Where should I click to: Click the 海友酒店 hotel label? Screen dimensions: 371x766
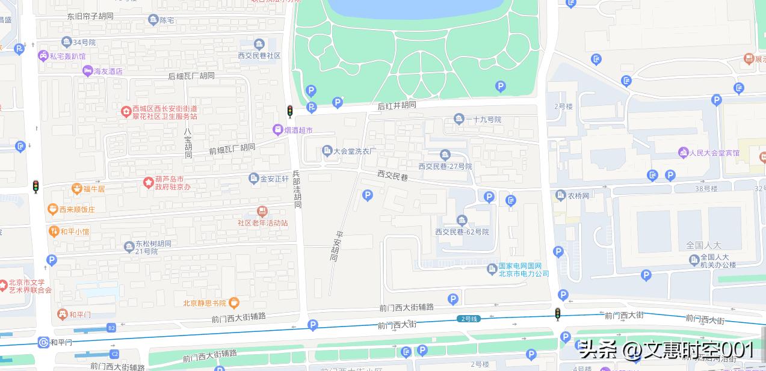coord(107,71)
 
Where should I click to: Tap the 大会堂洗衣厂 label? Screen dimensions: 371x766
coord(354,150)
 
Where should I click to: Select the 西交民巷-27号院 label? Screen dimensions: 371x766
coord(445,166)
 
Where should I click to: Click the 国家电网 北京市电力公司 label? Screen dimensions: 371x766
coord(524,269)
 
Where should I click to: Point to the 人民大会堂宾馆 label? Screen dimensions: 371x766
coord(714,153)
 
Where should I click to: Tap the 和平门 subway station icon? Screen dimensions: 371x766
coord(43,343)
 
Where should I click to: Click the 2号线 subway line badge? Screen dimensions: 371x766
coord(469,318)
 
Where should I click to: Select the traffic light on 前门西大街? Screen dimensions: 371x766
coord(558,314)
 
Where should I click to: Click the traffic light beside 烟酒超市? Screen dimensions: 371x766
coord(290,111)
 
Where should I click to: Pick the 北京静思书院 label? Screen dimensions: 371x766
coord(205,303)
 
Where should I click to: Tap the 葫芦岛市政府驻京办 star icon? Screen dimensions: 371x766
coord(148,182)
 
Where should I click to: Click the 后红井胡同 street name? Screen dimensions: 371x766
coord(397,105)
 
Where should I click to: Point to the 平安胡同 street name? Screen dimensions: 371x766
coord(336,247)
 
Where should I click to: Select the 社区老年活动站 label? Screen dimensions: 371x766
coord(262,222)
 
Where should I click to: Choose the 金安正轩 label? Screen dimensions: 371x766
coord(274,179)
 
